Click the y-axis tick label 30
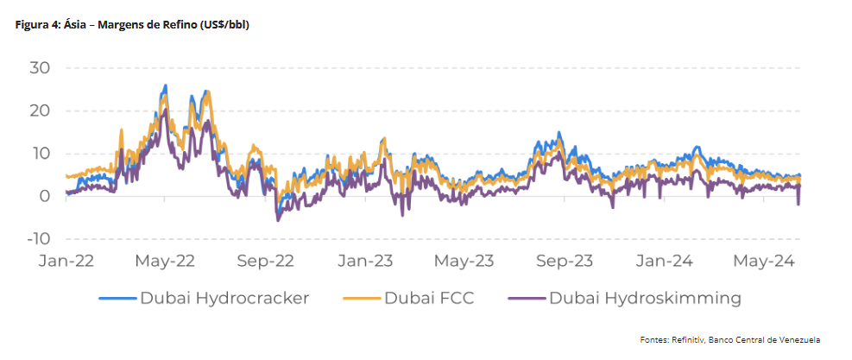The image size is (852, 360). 40,67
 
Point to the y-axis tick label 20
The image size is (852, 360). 40,111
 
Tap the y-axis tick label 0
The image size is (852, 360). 45,196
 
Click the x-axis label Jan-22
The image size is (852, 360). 66,260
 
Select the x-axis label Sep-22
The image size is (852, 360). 266,260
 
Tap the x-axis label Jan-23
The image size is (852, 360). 365,260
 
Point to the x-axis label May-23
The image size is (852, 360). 464,260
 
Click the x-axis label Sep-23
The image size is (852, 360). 565,260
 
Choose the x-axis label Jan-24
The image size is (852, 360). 664,260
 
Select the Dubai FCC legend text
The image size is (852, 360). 429,299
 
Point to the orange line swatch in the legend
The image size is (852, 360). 363,299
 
